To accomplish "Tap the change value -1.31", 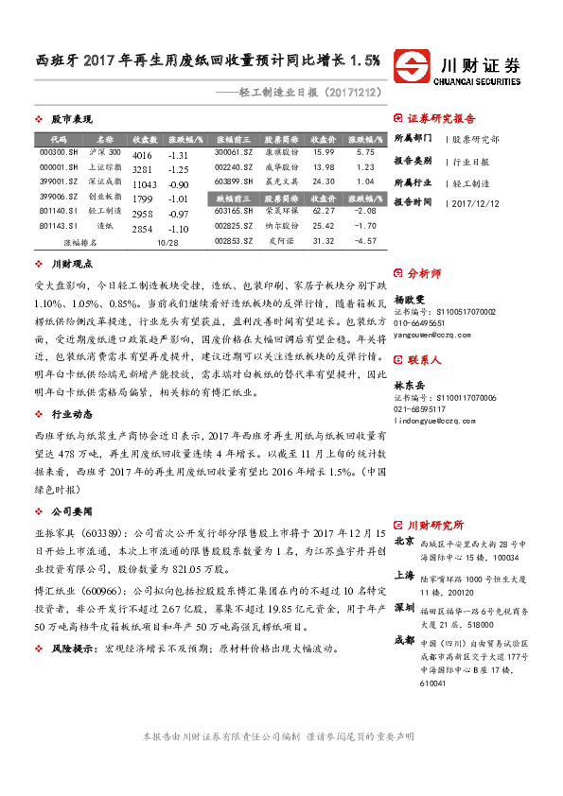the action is [x=179, y=154].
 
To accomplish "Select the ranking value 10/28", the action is [x=168, y=243].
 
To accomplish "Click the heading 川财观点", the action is [x=71, y=265].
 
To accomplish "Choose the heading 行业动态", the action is [x=71, y=414].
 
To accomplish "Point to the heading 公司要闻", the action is [x=71, y=510].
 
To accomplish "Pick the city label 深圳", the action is [x=404, y=605].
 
